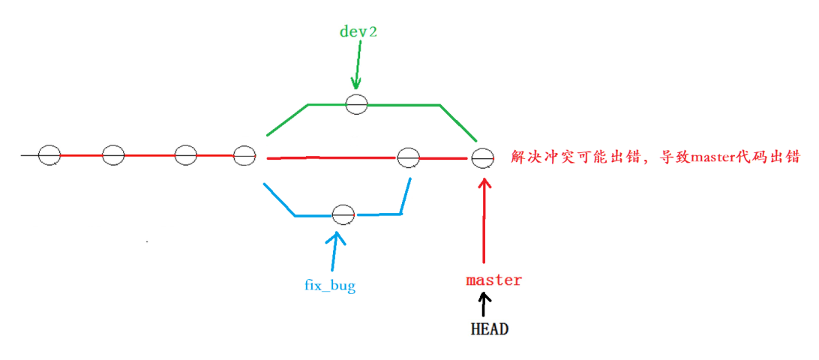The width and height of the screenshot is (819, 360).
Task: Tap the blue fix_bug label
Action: click(330, 285)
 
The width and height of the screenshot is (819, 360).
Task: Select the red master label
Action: click(493, 280)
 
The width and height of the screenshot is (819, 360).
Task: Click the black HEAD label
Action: click(489, 328)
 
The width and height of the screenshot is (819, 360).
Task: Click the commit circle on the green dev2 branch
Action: click(357, 104)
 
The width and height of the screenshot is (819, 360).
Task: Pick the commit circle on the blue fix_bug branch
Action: click(343, 214)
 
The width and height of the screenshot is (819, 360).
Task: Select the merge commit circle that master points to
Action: click(482, 158)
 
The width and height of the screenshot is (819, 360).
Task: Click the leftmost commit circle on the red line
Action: click(49, 155)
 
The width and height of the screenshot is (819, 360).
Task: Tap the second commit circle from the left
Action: click(113, 155)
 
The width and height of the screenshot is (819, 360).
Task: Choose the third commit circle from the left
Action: click(185, 155)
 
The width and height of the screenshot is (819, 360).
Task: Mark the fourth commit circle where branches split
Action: click(244, 156)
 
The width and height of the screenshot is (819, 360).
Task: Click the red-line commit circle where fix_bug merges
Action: click(409, 157)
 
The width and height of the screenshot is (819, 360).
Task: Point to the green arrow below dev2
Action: click(357, 67)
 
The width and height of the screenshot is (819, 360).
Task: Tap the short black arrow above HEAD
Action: click(484, 304)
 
